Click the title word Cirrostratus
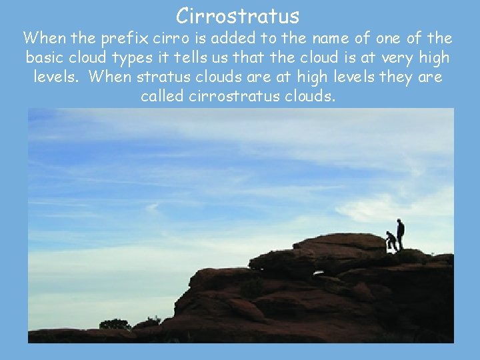(238, 15)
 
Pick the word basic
(47, 58)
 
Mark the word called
(163, 96)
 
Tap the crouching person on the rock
(391, 241)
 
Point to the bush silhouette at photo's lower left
(115, 325)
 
